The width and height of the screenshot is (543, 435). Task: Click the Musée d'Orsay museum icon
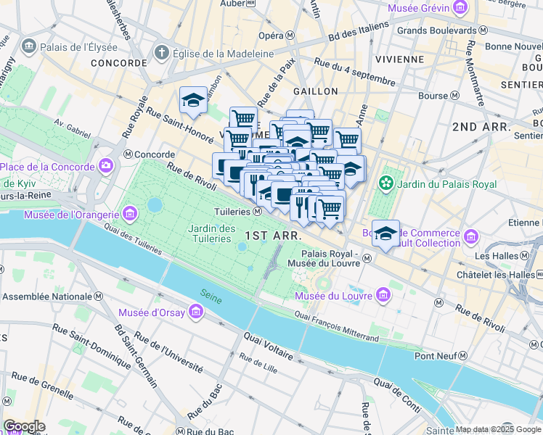click(195, 312)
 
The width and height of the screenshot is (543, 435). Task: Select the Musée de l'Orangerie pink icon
click(131, 214)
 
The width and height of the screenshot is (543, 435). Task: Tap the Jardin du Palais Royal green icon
click(387, 184)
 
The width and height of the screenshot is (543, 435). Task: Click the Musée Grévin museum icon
click(460, 8)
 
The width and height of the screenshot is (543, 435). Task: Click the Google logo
click(24, 426)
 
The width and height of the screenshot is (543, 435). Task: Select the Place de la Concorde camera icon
click(107, 167)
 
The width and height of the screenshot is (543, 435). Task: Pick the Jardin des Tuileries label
click(211, 233)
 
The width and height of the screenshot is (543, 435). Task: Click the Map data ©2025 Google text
click(498, 429)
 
